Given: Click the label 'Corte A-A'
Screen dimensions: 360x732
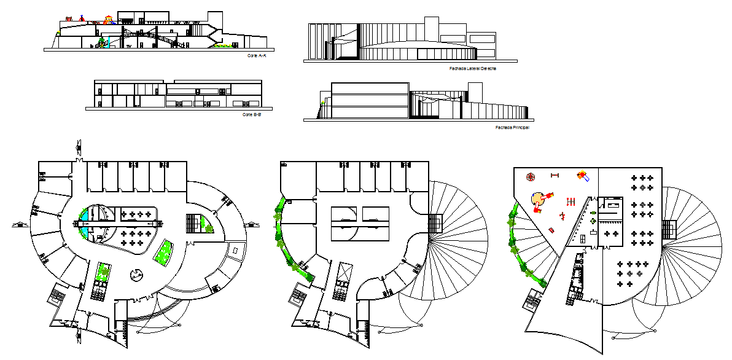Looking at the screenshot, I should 257,56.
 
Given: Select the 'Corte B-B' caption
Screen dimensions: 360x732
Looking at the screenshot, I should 251,114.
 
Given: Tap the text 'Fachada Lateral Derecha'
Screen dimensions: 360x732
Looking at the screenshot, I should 472,69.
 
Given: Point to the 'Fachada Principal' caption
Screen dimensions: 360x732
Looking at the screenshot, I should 512,128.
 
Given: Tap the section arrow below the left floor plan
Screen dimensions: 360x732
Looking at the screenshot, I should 78,335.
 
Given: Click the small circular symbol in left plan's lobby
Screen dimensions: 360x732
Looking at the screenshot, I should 134,275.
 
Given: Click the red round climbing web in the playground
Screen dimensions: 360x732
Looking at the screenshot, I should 530,177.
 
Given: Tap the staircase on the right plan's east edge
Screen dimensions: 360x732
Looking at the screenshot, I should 669,230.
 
